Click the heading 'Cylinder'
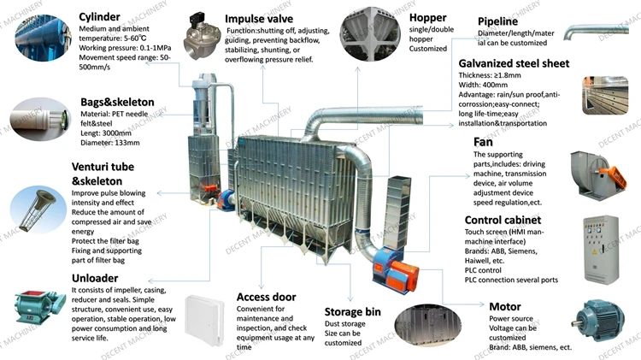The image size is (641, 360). click(x=100, y=16)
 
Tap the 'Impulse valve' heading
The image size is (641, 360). click(x=261, y=18)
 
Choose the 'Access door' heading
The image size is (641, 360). click(x=266, y=298)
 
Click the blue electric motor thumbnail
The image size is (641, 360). click(x=603, y=322)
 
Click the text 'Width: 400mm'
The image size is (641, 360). click(x=485, y=85)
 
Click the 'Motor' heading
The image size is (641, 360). click(x=505, y=306)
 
